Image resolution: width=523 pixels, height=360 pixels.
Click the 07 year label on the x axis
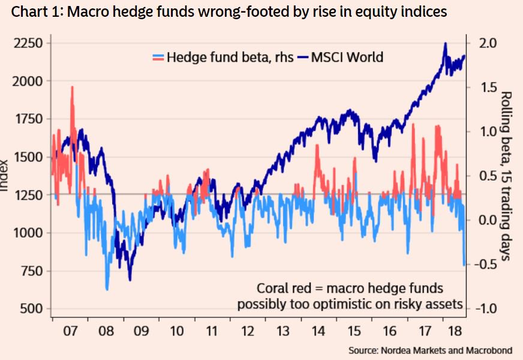tap(70, 331)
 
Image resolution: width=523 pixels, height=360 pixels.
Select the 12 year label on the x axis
tap(247, 331)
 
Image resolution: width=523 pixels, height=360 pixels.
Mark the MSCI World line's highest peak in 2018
tap(444, 44)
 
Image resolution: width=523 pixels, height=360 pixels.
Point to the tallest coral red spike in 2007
tap(72, 88)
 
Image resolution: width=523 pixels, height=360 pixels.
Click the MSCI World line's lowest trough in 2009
tap(130, 279)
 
